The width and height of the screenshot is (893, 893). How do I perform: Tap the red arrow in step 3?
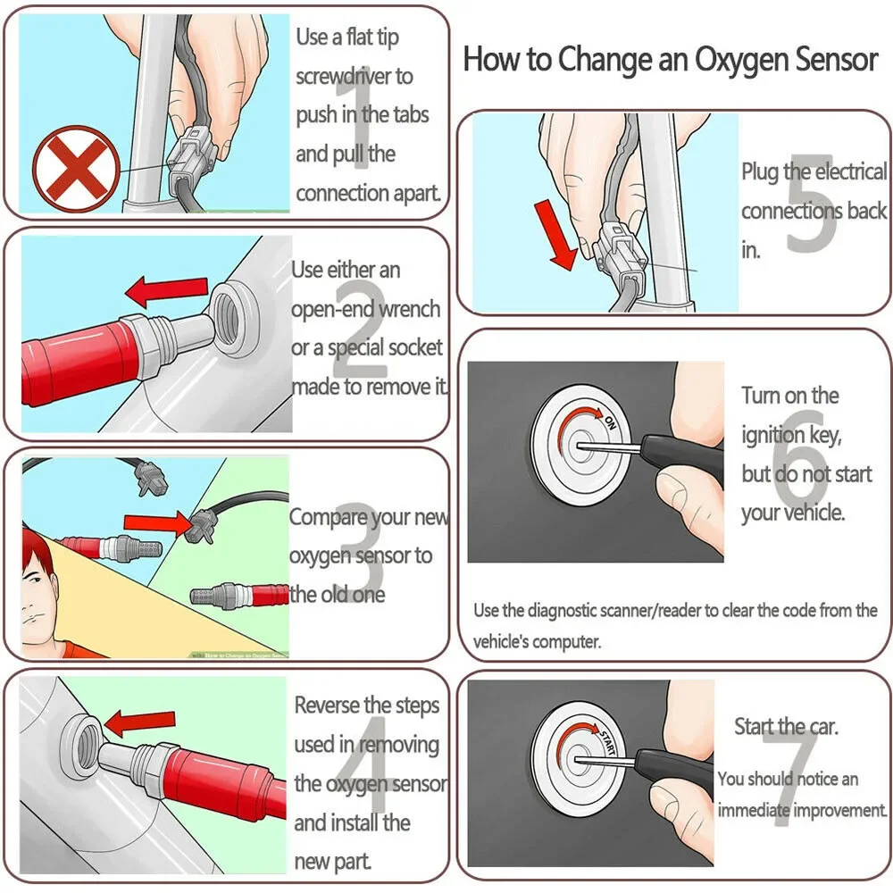[x=156, y=522]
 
